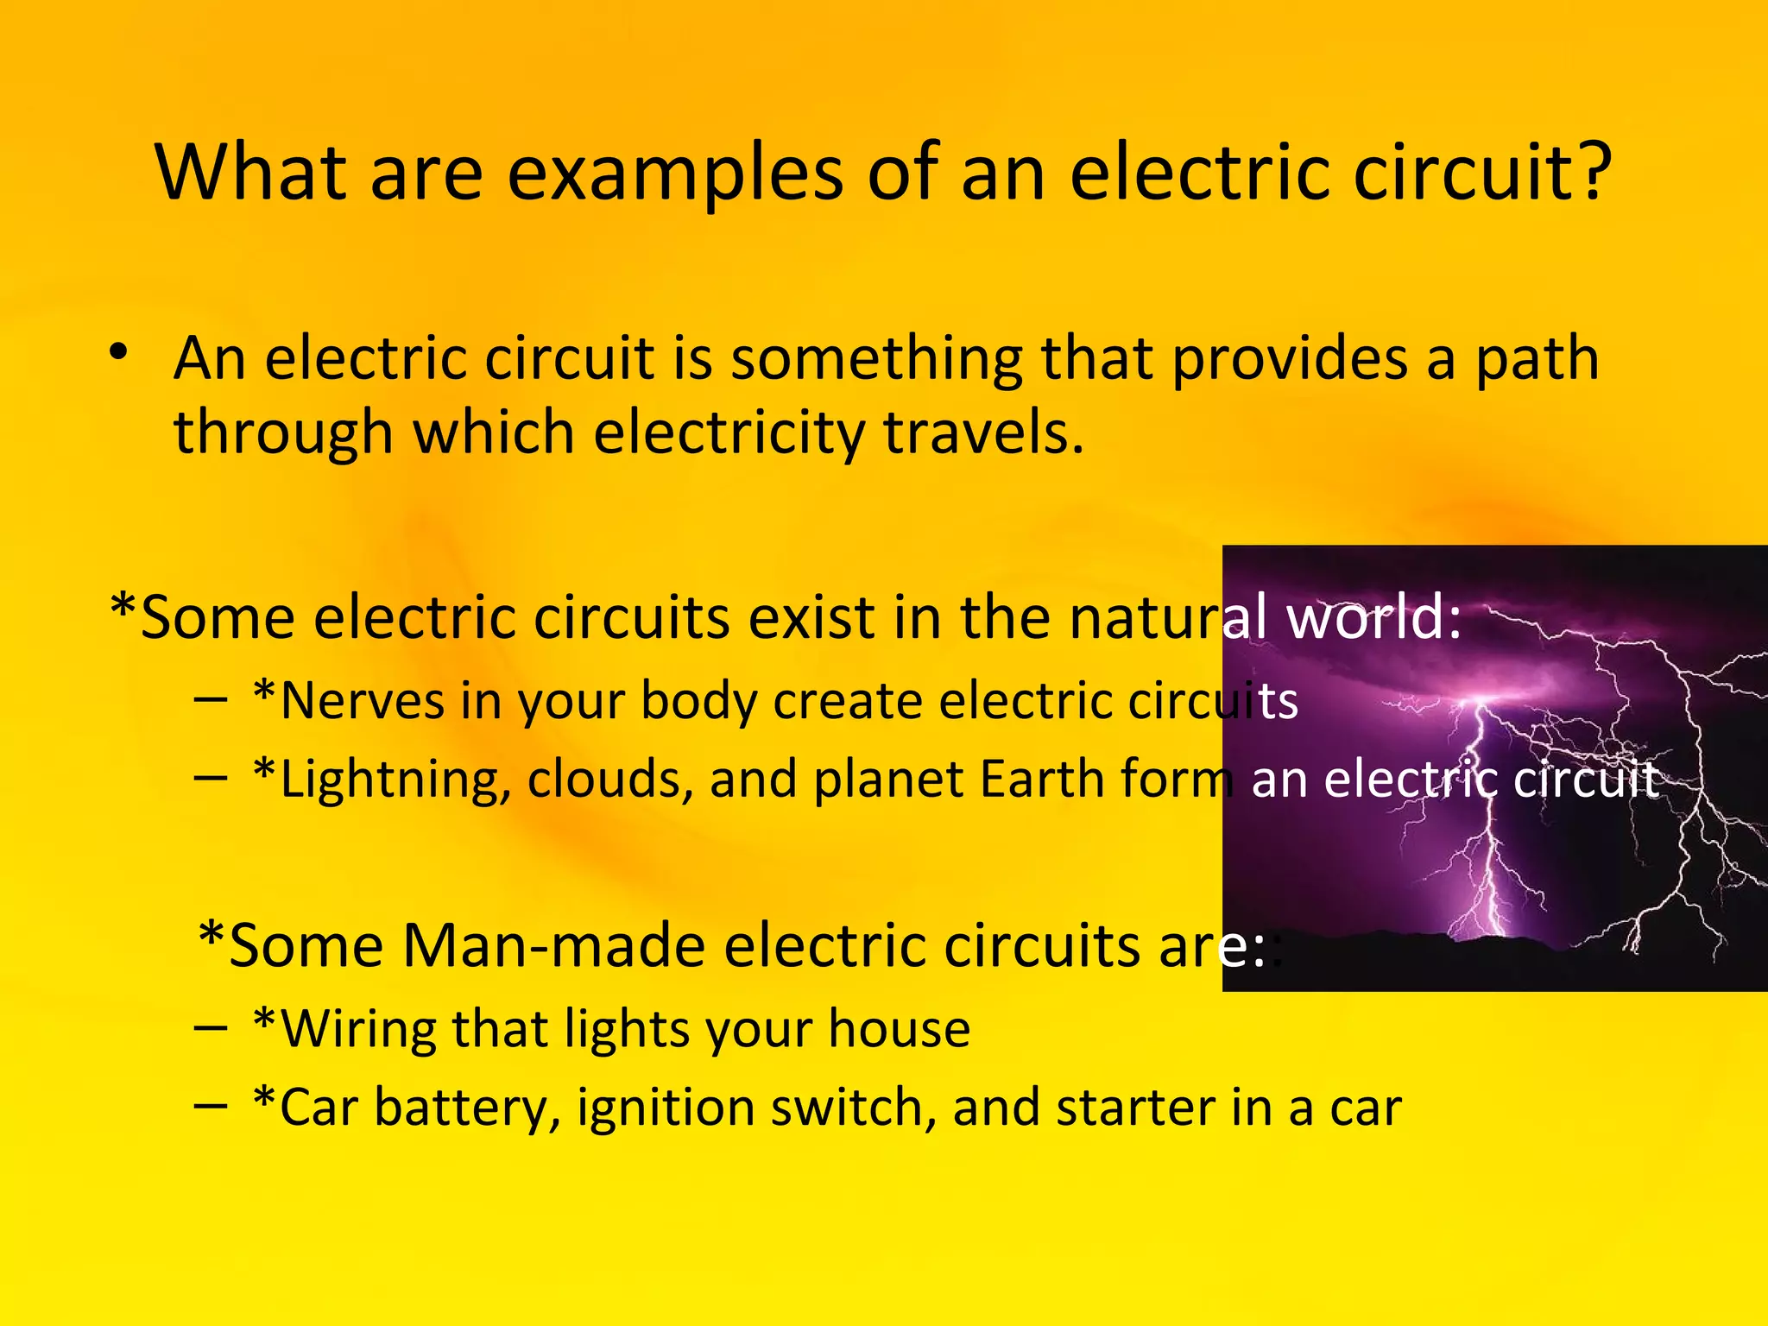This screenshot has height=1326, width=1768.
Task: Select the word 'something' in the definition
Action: coord(876,358)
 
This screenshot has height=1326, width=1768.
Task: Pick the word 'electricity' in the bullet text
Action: coord(729,433)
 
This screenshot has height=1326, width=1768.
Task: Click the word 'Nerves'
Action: coord(363,700)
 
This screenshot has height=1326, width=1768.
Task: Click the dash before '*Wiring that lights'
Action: coord(212,1028)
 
